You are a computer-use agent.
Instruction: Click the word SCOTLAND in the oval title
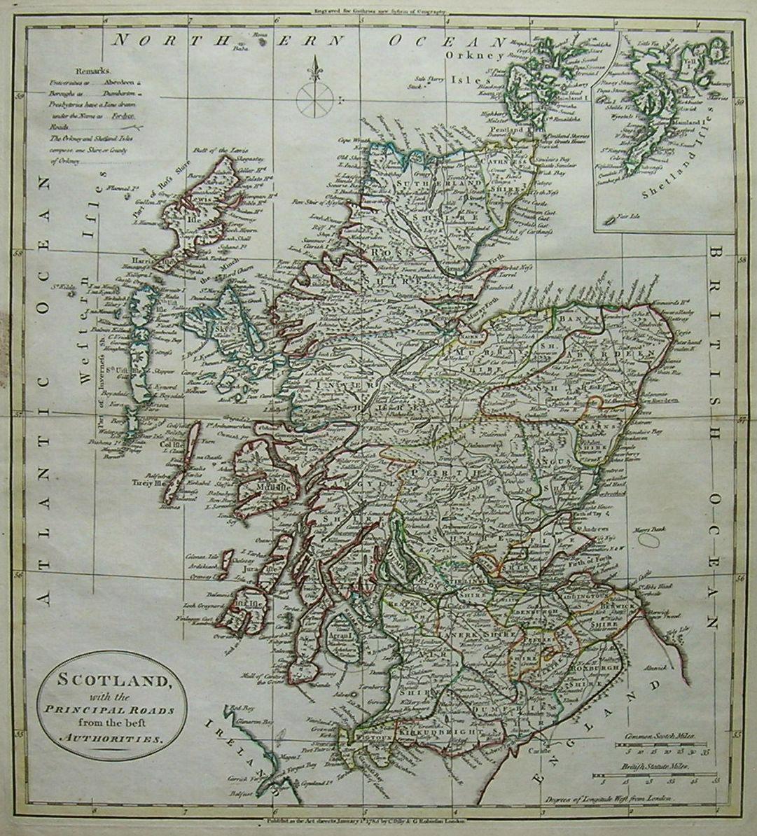(x=111, y=681)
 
